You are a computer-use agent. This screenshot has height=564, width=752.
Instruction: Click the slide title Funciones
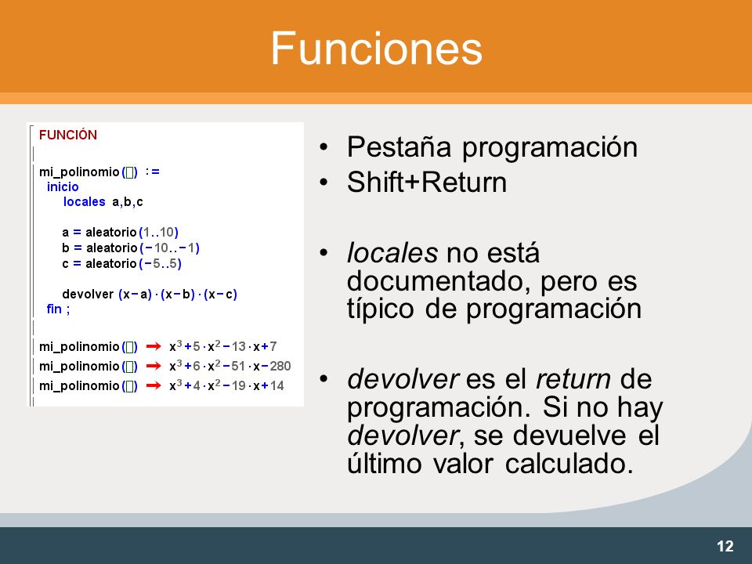tap(377, 48)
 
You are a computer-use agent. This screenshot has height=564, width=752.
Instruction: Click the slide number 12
tap(725, 546)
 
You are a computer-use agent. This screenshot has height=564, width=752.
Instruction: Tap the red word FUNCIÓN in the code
tap(68, 135)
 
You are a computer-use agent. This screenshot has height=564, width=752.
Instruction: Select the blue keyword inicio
tap(63, 186)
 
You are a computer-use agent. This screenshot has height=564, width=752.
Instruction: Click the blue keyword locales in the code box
tap(85, 201)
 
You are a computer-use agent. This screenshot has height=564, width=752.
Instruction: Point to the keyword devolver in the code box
tap(88, 294)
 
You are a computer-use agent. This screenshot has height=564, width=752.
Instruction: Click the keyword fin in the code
tap(54, 309)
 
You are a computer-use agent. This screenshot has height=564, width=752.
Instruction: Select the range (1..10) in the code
tap(159, 233)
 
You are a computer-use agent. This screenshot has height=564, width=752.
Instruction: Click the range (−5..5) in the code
tap(160, 264)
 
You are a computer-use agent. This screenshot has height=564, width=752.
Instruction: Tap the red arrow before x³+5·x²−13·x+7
tap(154, 346)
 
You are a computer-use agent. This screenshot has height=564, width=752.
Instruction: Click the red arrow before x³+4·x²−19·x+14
tap(154, 385)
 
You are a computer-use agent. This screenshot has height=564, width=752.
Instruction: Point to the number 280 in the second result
tap(280, 367)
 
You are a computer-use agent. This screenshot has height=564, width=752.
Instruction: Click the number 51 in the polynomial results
tap(238, 367)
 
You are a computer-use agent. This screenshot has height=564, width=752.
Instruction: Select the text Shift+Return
tap(427, 183)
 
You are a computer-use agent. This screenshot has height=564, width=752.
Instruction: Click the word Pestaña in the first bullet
tap(399, 147)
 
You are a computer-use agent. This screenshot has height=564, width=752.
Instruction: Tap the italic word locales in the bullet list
tap(392, 253)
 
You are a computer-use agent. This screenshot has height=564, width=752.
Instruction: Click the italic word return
tap(573, 379)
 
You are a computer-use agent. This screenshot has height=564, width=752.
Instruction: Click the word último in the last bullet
tap(384, 464)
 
